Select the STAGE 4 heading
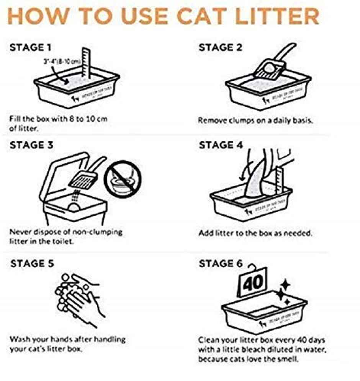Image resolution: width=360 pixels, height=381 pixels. pyautogui.click(x=221, y=146)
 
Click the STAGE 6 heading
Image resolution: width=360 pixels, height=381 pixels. pyautogui.click(x=221, y=264)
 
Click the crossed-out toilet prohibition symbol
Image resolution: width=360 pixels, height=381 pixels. pyautogui.click(x=123, y=178)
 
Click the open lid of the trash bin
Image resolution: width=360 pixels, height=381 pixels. pyautogui.click(x=65, y=172)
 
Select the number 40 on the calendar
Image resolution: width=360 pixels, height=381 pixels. pyautogui.click(x=253, y=283)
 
